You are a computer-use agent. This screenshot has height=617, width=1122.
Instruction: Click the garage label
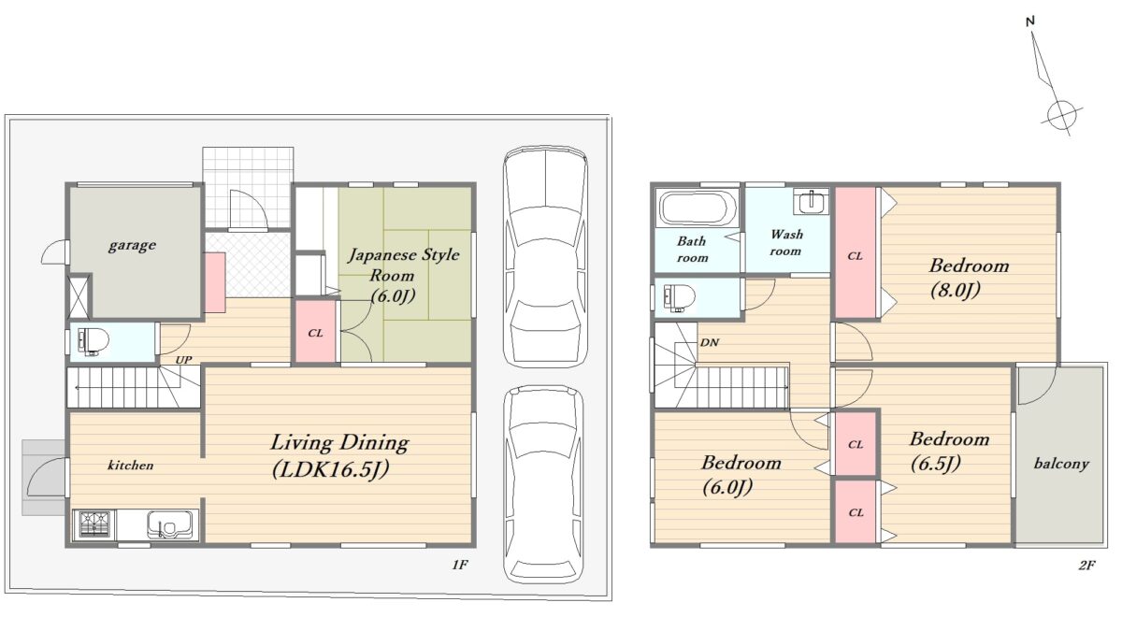[x=132, y=245]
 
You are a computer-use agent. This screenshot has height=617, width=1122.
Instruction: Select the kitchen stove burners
[x=93, y=524]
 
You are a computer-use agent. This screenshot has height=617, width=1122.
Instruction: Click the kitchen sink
[x=170, y=524]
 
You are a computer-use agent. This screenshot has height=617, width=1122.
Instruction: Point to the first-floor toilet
[x=93, y=342]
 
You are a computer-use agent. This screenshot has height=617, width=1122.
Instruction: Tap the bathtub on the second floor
[x=698, y=208]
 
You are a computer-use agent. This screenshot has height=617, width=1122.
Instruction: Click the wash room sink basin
[x=811, y=201]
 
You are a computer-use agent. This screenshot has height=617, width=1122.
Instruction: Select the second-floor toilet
[x=679, y=298]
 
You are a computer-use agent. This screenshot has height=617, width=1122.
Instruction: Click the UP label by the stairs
[x=183, y=360]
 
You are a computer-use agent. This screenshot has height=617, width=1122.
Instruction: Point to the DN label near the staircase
[x=710, y=342]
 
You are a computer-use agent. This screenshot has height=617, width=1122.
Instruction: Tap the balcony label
[x=1061, y=464]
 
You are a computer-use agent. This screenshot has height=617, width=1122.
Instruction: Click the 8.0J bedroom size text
[x=956, y=290]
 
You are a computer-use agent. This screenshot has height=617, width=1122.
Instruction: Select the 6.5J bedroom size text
[x=935, y=464]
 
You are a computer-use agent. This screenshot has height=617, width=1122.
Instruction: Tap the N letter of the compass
[x=1029, y=21]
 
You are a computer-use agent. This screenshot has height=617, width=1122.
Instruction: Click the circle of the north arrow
[x=1062, y=116]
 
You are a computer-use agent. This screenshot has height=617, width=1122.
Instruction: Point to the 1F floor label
[x=460, y=566]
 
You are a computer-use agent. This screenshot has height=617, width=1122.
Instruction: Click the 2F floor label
[x=1086, y=566]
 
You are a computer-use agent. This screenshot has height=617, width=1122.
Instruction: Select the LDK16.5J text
[x=331, y=469]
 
